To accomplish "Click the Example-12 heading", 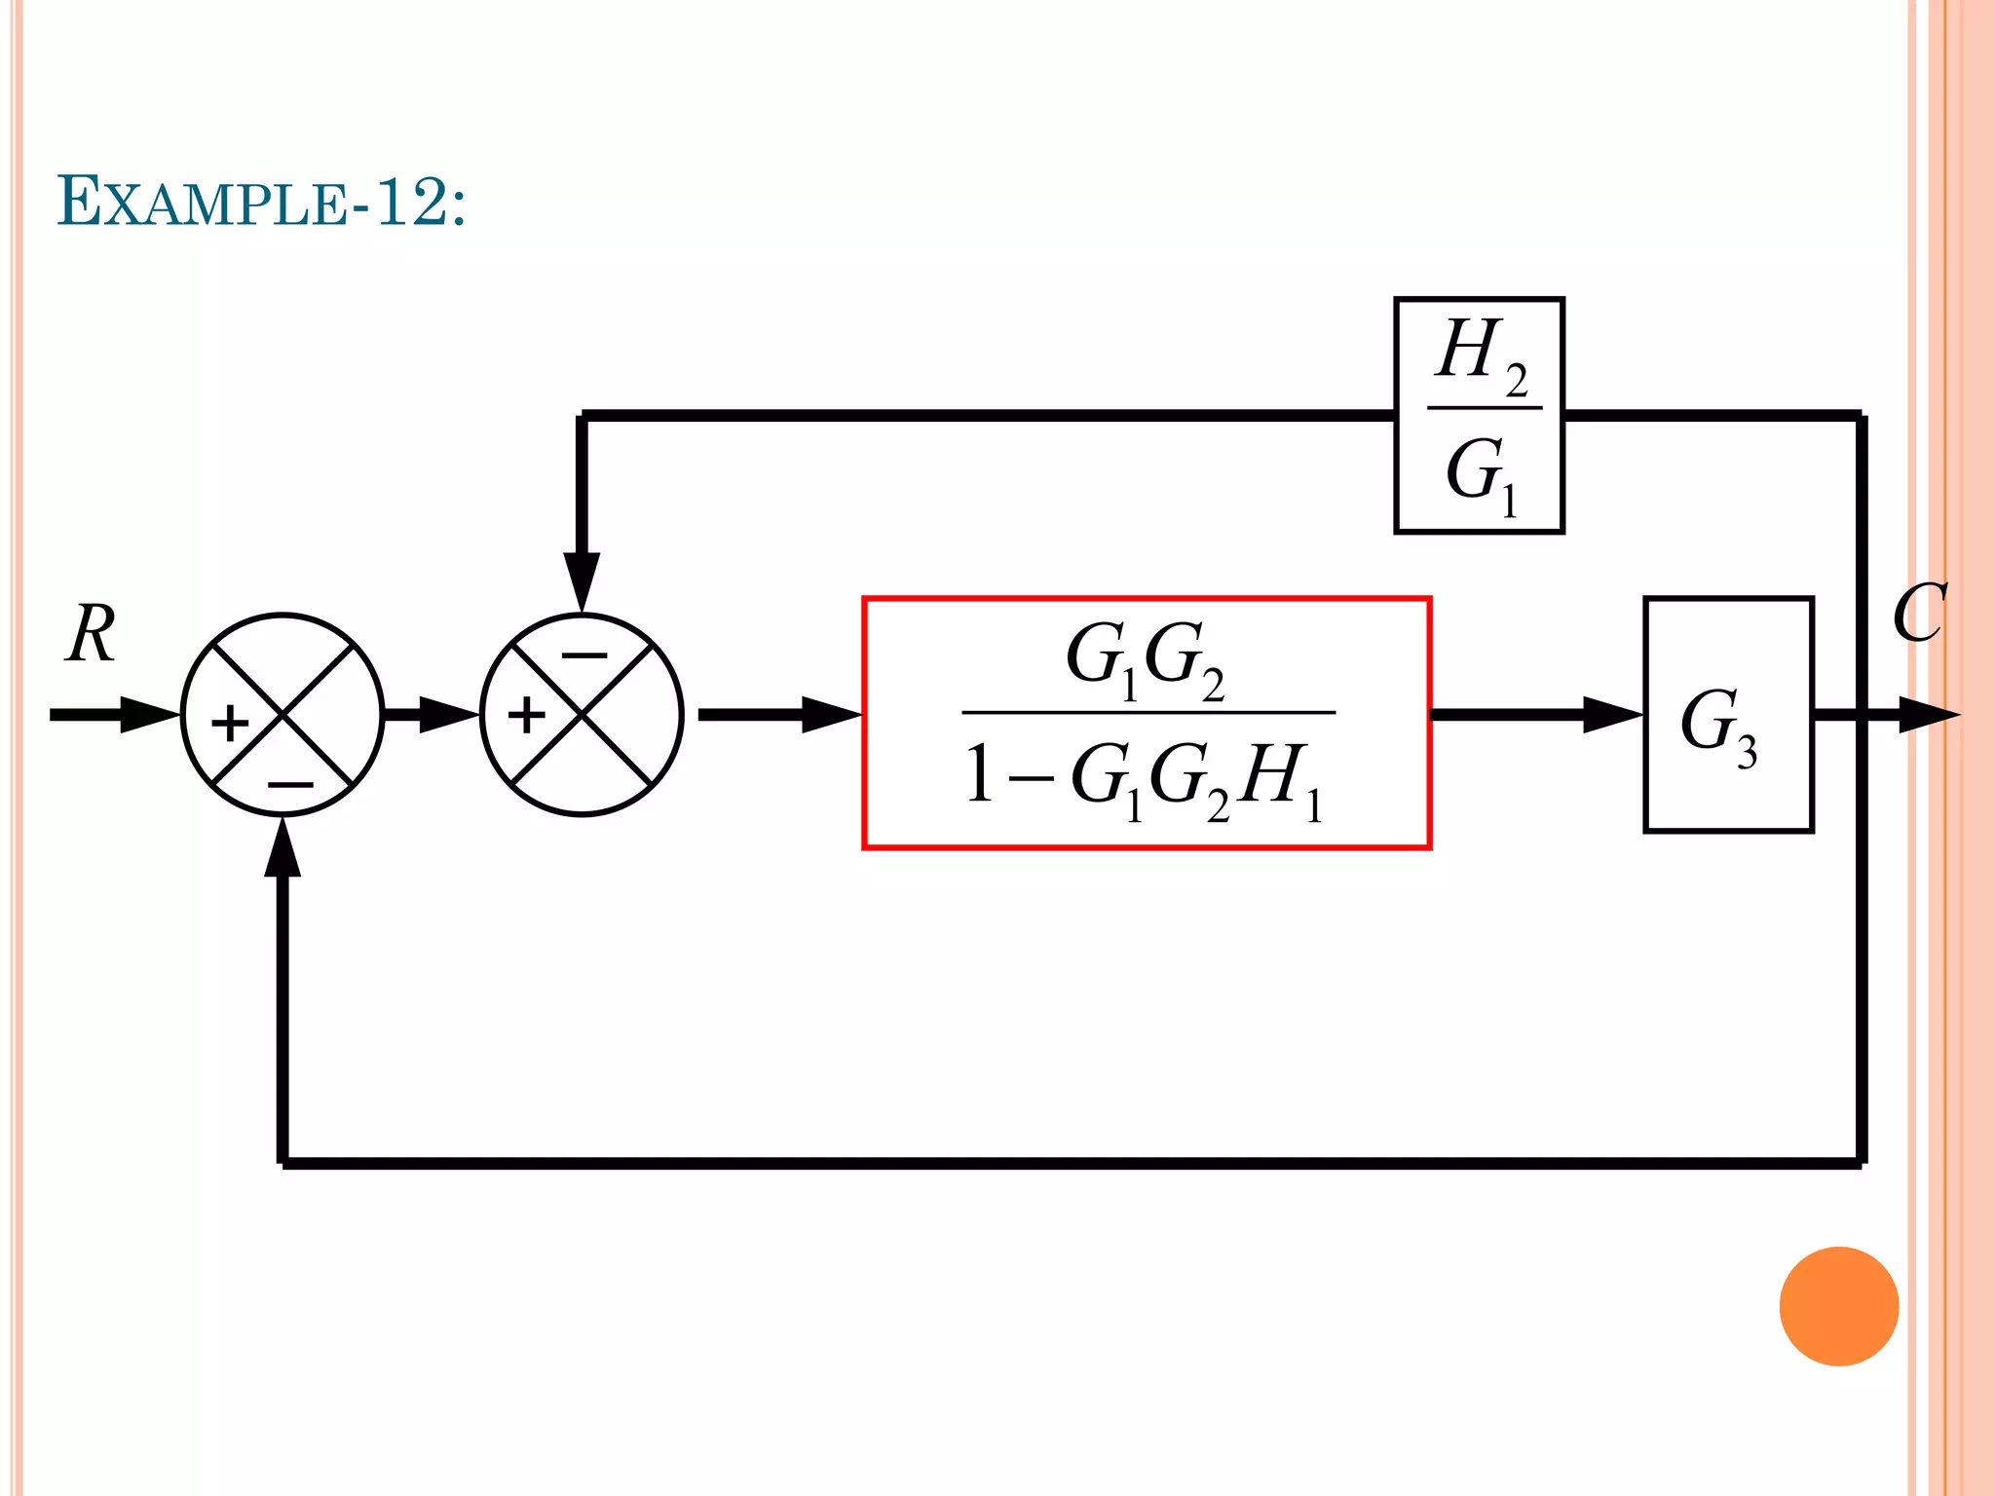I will (261, 202).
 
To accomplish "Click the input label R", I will (92, 634).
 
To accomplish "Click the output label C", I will (1918, 614).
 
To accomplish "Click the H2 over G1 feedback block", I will (1479, 416).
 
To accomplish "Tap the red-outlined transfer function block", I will (1147, 723).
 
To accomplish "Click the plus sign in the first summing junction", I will (231, 724).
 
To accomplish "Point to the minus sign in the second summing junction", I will (583, 655).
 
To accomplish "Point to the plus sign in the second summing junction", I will (527, 716).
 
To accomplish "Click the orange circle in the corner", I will (1838, 1306).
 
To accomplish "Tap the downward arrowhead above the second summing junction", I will (582, 581).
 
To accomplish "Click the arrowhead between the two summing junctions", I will (448, 715).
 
